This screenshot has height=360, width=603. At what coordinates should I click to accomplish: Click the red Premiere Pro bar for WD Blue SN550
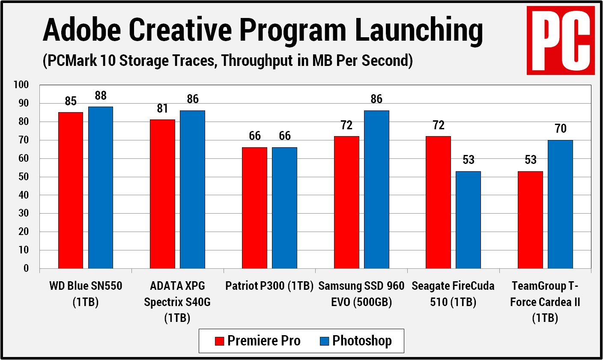click(x=71, y=190)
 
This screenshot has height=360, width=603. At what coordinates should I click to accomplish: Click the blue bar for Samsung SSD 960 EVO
click(x=376, y=189)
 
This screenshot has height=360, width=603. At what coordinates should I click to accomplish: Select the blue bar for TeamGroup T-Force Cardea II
click(x=560, y=204)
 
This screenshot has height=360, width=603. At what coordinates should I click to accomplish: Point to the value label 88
click(x=101, y=95)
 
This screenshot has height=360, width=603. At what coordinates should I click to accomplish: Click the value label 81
click(x=162, y=109)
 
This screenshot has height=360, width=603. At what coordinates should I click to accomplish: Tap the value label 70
click(x=560, y=128)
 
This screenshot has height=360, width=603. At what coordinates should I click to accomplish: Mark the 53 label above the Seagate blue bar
click(x=469, y=160)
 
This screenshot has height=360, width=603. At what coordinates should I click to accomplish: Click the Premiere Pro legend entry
click(x=258, y=341)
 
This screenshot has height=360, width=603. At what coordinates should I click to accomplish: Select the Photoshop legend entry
click(x=356, y=341)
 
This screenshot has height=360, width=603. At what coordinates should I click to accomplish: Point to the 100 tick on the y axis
click(x=21, y=85)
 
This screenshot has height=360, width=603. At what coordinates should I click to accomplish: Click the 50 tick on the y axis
click(x=23, y=177)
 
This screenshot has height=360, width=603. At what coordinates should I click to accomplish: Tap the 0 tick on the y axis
click(x=26, y=268)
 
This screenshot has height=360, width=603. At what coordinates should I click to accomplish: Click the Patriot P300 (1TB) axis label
click(x=269, y=286)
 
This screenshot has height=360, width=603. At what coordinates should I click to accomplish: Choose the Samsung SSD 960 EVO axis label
click(x=361, y=294)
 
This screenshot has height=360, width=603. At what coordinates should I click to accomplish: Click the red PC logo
click(x=561, y=40)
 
